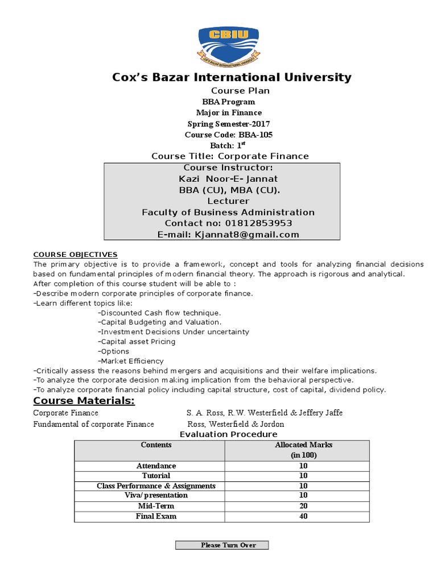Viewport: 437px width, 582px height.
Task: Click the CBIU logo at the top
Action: [228, 43]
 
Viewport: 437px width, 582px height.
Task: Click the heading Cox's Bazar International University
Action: [232, 77]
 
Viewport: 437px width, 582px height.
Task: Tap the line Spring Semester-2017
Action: [228, 124]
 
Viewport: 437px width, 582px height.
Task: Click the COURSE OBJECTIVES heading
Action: [75, 254]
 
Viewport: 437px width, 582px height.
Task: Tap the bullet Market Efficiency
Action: [131, 361]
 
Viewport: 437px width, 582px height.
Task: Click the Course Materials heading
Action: [84, 402]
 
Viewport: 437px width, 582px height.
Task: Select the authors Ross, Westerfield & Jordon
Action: [236, 424]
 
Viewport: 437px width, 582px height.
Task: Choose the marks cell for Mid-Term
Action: [303, 506]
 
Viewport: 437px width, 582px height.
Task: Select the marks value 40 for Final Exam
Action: [303, 516]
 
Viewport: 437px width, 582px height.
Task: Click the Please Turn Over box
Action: [221, 545]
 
